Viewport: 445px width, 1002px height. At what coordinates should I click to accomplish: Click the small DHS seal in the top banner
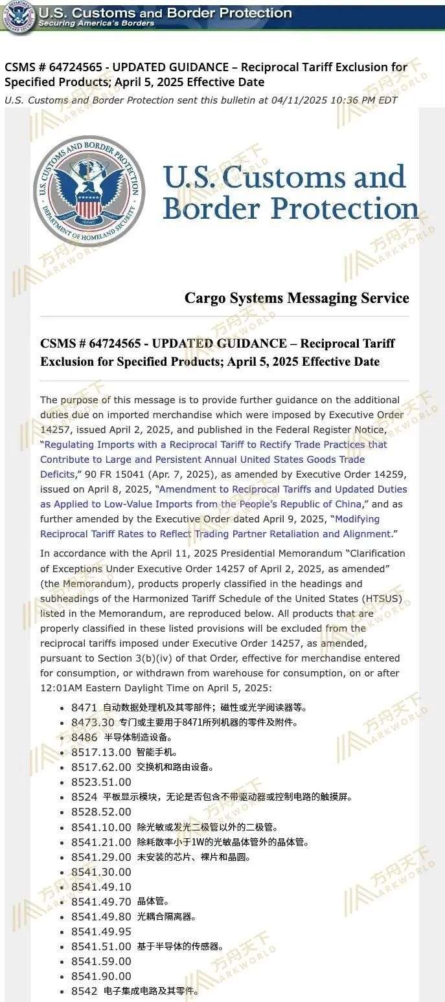(x=17, y=16)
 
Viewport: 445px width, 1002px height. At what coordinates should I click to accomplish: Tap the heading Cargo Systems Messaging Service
(x=297, y=298)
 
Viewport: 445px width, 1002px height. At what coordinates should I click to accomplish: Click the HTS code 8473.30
(x=93, y=722)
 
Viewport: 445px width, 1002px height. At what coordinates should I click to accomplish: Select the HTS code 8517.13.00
(x=101, y=752)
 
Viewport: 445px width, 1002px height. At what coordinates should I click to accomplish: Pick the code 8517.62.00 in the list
(x=101, y=767)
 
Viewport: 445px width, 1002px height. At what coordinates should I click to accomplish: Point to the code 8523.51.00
(x=101, y=782)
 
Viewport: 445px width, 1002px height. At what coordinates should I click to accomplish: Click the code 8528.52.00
(x=101, y=812)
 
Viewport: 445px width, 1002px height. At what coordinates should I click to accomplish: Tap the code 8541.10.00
(x=101, y=827)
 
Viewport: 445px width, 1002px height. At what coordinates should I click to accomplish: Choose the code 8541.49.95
(x=101, y=931)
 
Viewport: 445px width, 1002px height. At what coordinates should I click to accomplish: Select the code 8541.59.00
(x=101, y=961)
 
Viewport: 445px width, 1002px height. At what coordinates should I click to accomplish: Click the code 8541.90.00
(x=101, y=976)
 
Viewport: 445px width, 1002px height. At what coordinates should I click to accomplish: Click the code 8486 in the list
(x=84, y=737)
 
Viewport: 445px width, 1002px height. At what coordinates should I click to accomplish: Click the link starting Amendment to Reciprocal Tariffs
(x=282, y=489)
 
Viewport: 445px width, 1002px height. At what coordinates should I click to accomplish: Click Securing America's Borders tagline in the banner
(x=97, y=23)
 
